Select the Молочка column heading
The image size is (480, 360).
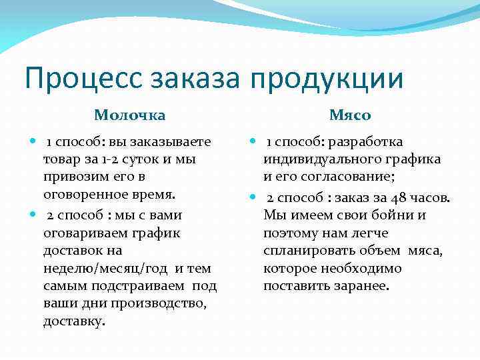pos(130,115)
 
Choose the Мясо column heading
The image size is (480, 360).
pos(350,115)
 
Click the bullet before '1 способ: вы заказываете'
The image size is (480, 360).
pos(34,142)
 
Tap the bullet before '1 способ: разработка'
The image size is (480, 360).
pos(254,142)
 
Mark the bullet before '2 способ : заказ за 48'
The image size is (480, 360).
pos(254,197)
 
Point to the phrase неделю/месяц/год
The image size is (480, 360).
pos(107,268)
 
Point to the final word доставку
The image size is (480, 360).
pos(74,321)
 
